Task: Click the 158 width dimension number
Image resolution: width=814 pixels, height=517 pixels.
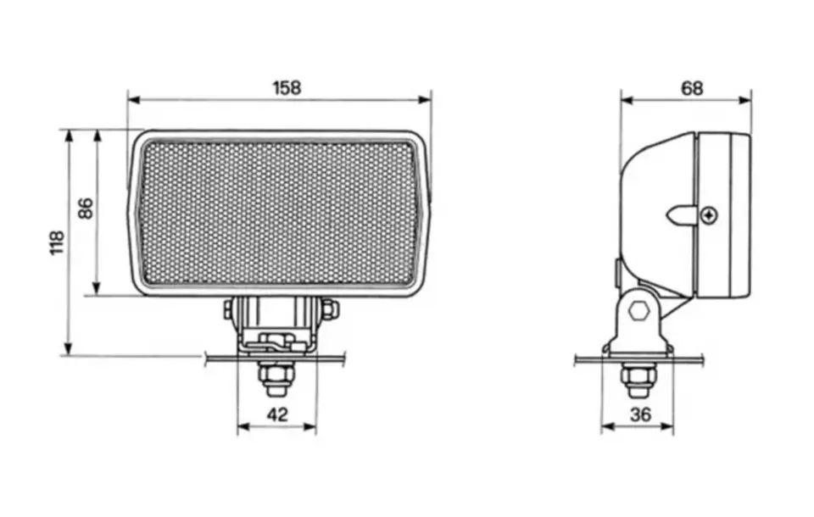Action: point(287,88)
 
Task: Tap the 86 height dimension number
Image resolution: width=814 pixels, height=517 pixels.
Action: point(86,208)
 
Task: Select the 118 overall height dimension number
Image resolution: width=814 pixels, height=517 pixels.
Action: point(57,242)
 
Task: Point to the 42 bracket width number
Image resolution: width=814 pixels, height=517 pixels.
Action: point(277,414)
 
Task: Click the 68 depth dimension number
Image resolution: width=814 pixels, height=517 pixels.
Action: point(692,88)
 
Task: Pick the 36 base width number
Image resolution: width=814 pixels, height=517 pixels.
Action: point(640,414)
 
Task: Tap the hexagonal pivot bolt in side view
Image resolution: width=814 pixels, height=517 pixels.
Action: point(639,311)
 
